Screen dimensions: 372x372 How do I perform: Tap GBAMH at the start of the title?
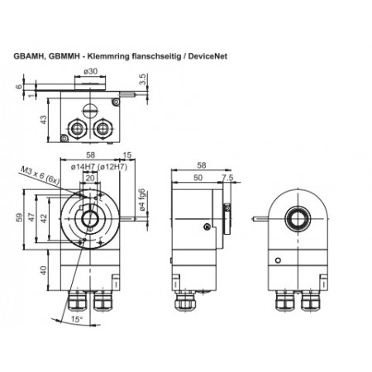pos(30,57)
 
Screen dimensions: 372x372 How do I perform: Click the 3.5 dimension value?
pos(143,80)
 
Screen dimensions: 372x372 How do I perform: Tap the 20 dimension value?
pos(89,175)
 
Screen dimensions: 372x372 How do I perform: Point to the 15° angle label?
pos(77,319)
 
